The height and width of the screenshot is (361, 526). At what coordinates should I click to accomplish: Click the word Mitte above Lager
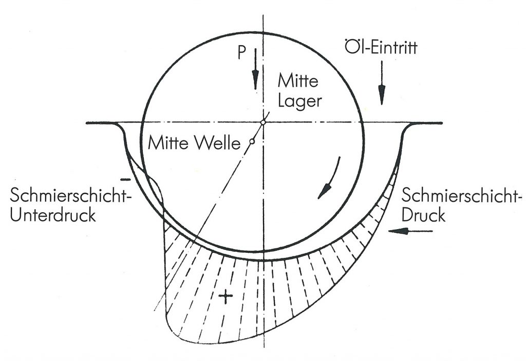(298, 81)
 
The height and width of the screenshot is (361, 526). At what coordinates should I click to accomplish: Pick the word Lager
(299, 100)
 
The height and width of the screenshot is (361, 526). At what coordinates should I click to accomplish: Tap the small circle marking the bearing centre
(262, 123)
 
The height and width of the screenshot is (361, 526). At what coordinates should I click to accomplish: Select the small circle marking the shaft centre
(252, 141)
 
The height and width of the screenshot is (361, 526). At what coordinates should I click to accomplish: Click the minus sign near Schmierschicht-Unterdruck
(124, 179)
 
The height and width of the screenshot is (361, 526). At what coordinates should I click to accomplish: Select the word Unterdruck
(53, 214)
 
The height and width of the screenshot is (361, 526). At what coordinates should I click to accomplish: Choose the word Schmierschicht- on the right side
(462, 195)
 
